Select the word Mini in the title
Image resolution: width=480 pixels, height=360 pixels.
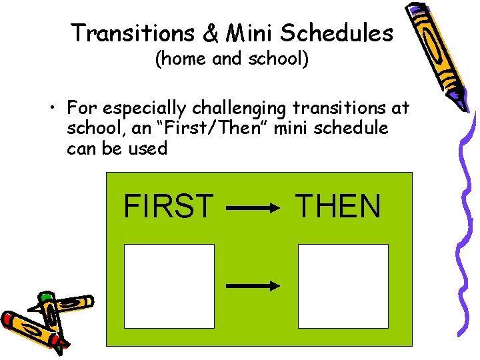[249, 32]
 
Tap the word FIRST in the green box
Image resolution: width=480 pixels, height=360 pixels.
[169, 207]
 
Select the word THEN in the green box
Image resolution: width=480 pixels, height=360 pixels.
[338, 207]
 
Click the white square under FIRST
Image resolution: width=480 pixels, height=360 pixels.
[169, 286]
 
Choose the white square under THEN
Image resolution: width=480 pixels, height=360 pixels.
[343, 286]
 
